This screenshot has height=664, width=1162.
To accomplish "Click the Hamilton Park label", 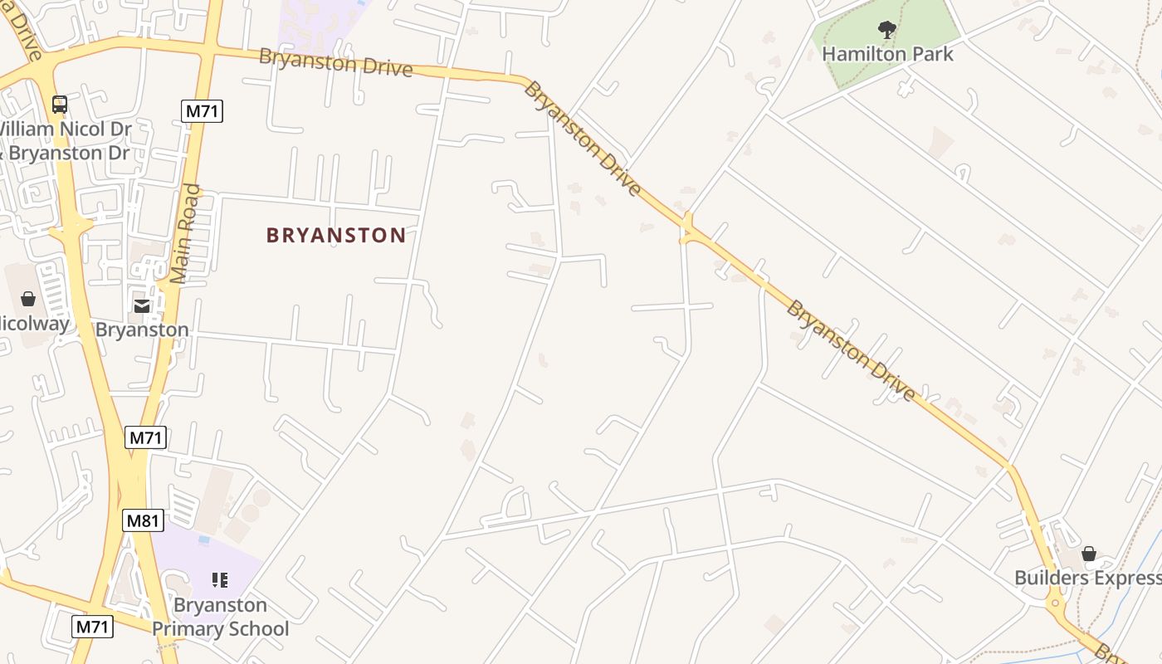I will coord(887,54).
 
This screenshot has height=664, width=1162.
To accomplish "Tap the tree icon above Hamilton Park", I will coord(887,31).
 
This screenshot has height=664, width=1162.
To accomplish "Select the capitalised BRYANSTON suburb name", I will coord(336,235).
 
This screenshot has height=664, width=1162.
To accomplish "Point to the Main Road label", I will coord(187,234).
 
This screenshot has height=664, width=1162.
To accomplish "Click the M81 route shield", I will coord(144,520).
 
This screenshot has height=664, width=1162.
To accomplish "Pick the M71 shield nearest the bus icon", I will coord(203,110).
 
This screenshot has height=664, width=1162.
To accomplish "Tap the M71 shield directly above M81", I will coord(146,437).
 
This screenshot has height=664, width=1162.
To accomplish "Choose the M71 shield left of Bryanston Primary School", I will coord(92,626).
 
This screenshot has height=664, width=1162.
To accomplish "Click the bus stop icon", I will coord(60,105).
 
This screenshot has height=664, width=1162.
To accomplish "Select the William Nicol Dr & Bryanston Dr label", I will coord(65,141).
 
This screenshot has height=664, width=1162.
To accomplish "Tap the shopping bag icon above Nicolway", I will coord(28,299).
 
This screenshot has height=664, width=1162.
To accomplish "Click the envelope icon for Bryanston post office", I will coord(142,306).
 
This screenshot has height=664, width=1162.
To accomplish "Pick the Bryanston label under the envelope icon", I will coord(142,330).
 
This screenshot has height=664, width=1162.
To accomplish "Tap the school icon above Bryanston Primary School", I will coord(220,579).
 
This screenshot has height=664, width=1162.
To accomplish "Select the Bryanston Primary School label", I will coord(220,617).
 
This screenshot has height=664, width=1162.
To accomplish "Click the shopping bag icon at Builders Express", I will coord(1089,554).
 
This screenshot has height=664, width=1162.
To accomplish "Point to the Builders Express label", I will coord(1087,578).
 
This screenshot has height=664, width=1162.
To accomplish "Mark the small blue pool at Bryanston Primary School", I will coord(203,539).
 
